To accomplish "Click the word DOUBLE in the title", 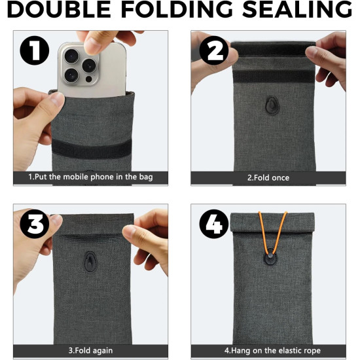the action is coord(59,9).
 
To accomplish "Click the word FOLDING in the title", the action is coord(177,9).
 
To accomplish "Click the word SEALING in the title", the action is coord(297,9).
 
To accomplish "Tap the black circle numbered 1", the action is coord(35,50).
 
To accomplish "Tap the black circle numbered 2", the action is coord(214,50).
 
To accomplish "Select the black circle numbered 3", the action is coord(35,224).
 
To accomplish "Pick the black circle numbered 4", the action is coord(214,224).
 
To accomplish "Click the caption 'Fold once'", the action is coord(268,178).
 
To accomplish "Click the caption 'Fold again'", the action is coord(90,351).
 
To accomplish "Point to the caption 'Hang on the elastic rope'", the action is coord(272,351).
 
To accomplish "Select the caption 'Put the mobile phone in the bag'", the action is coord(90,177).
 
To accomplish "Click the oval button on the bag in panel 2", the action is coord(272,105).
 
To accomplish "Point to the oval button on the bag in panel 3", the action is coord(90,262).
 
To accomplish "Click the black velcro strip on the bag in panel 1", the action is coord(92,149).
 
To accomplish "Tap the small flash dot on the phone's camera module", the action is coord(88,79).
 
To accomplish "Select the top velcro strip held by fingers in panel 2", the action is coord(273,48).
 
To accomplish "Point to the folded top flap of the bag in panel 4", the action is coord(272,223).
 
